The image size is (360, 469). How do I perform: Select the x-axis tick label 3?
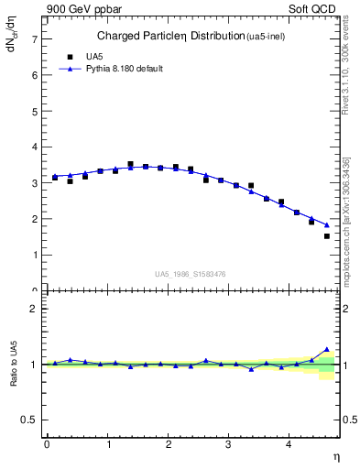click(x=229, y=444)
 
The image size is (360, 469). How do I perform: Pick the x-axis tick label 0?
click(x=47, y=444)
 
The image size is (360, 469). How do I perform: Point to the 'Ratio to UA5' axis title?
click(x=13, y=364)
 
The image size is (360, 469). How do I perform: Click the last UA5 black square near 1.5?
click(x=327, y=236)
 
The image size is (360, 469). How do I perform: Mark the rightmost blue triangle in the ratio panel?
click(x=327, y=349)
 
